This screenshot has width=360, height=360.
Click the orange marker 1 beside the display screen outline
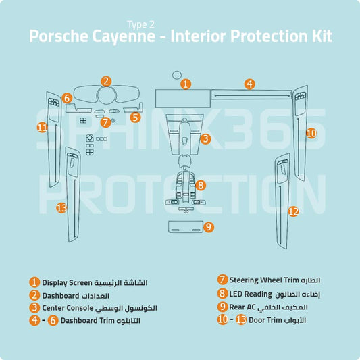click(186, 84)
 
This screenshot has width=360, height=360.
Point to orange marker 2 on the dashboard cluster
click(106, 81)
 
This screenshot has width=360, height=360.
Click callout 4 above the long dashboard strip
click(250, 84)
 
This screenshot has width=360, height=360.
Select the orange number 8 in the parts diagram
click(201, 184)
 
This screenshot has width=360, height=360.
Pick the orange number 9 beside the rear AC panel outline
click(209, 227)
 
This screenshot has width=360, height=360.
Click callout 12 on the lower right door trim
click(293, 211)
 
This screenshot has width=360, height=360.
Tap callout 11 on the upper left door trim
click(43, 127)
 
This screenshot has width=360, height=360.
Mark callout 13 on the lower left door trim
click(61, 208)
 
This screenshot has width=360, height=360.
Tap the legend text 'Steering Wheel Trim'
click(259, 280)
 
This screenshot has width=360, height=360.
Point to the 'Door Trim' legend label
click(263, 319)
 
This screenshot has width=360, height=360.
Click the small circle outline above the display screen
click(177, 76)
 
